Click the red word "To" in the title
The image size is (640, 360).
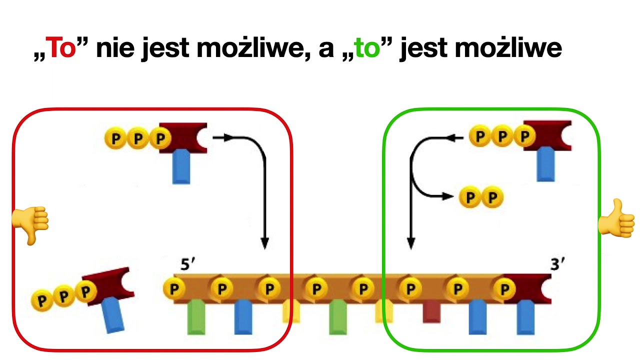[60, 47]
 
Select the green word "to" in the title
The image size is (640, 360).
[367, 48]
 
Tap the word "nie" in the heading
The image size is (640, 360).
[115, 48]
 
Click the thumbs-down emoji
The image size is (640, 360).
[30, 225]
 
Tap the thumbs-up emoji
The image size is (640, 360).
[616, 218]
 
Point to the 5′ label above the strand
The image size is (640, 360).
[187, 264]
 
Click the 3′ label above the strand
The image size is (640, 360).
[557, 264]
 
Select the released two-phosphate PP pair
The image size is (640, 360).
[481, 197]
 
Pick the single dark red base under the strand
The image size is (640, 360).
[431, 311]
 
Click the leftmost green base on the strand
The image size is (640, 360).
[196, 317]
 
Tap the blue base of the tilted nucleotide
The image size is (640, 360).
[113, 315]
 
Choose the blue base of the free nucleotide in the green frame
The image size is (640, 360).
[545, 164]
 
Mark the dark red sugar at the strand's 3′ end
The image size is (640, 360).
[527, 288]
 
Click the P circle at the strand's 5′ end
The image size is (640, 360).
[174, 288]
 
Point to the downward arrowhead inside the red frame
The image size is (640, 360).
[265, 243]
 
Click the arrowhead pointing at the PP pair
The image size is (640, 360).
[448, 196]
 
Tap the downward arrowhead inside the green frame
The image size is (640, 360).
[411, 243]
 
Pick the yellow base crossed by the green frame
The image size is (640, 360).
[384, 311]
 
